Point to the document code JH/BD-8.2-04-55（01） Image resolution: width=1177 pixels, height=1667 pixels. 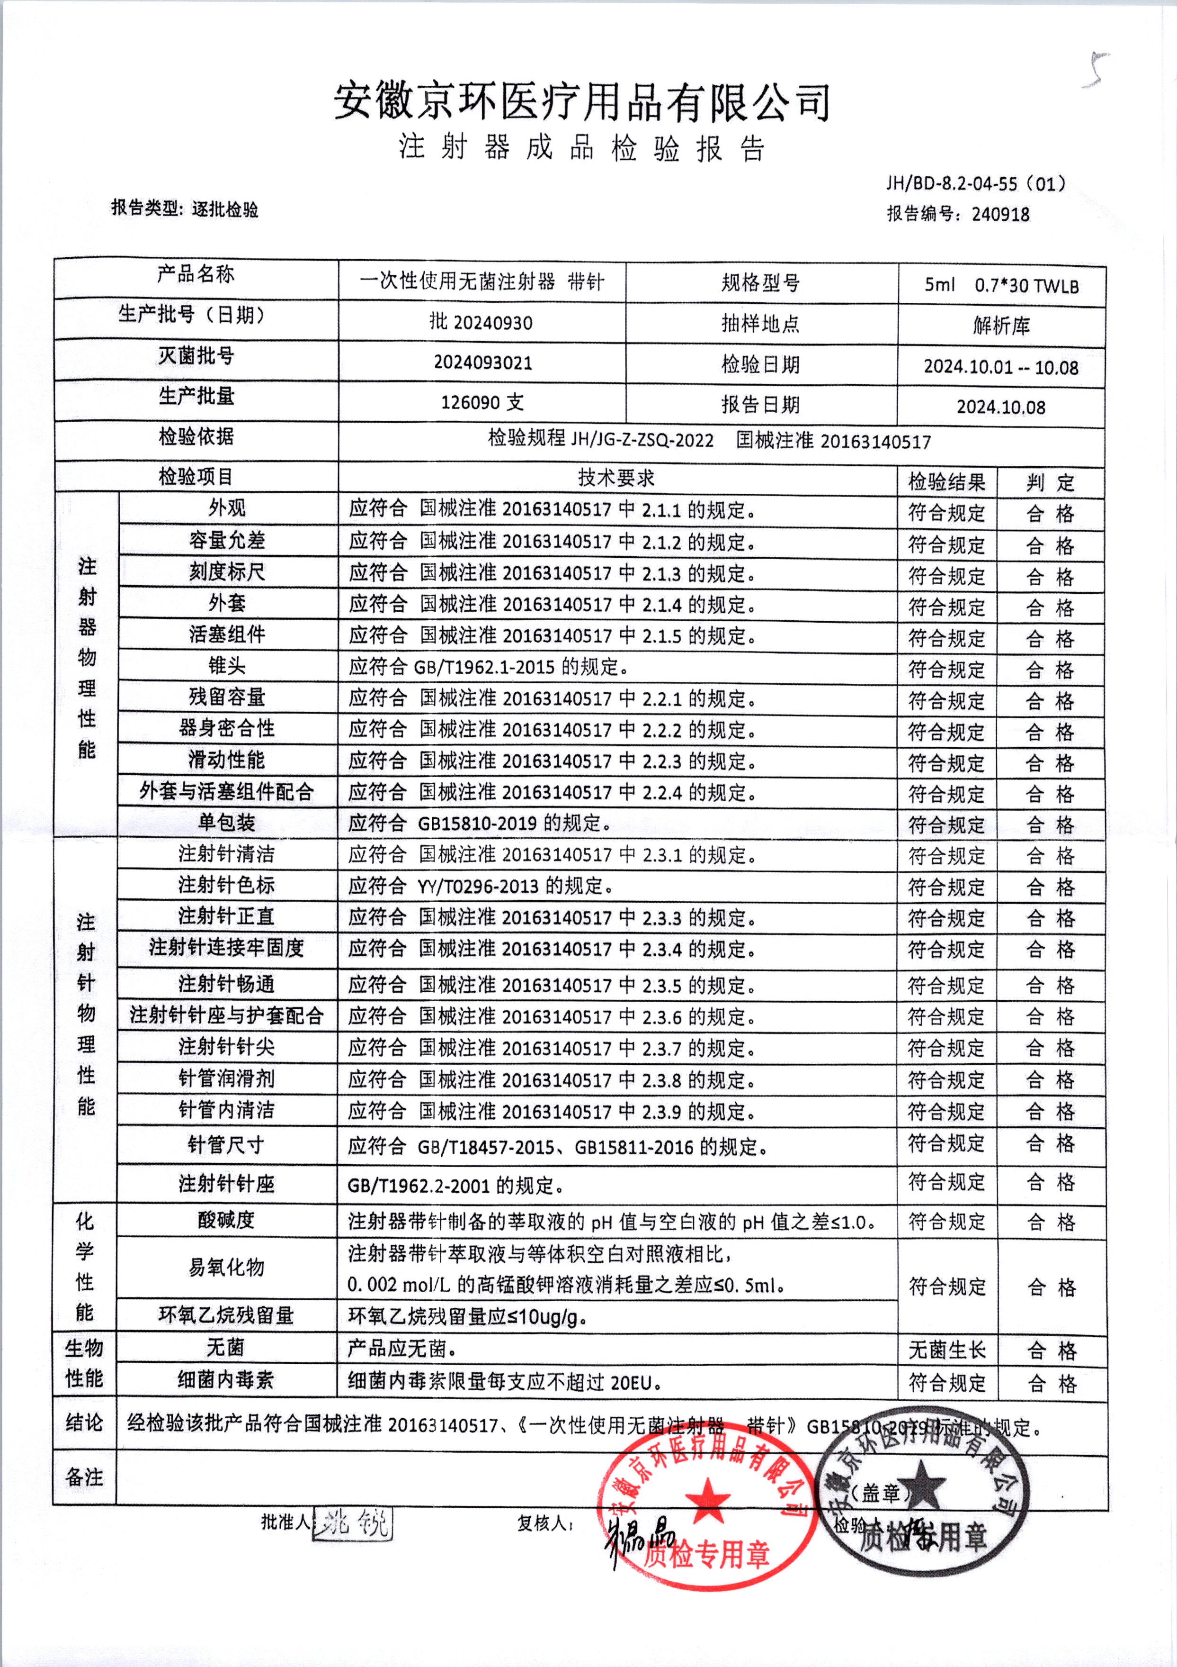[975, 184]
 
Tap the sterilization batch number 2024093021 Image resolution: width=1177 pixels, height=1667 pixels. [482, 362]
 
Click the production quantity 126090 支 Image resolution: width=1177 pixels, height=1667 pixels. [482, 402]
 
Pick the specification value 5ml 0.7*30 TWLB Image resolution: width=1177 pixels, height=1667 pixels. [1001, 285]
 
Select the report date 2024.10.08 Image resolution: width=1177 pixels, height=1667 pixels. [1001, 407]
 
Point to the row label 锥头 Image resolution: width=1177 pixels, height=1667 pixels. [227, 666]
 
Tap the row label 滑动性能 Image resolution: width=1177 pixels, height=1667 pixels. [227, 760]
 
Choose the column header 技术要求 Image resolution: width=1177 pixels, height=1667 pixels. [616, 478]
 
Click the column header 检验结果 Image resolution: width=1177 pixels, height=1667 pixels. [946, 481]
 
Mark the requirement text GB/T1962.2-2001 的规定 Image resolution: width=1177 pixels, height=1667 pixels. [456, 1186]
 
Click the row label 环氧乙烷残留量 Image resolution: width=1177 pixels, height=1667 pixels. [226, 1315]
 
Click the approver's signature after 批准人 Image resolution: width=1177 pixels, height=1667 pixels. [353, 1522]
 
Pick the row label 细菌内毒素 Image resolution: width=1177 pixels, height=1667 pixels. [226, 1380]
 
